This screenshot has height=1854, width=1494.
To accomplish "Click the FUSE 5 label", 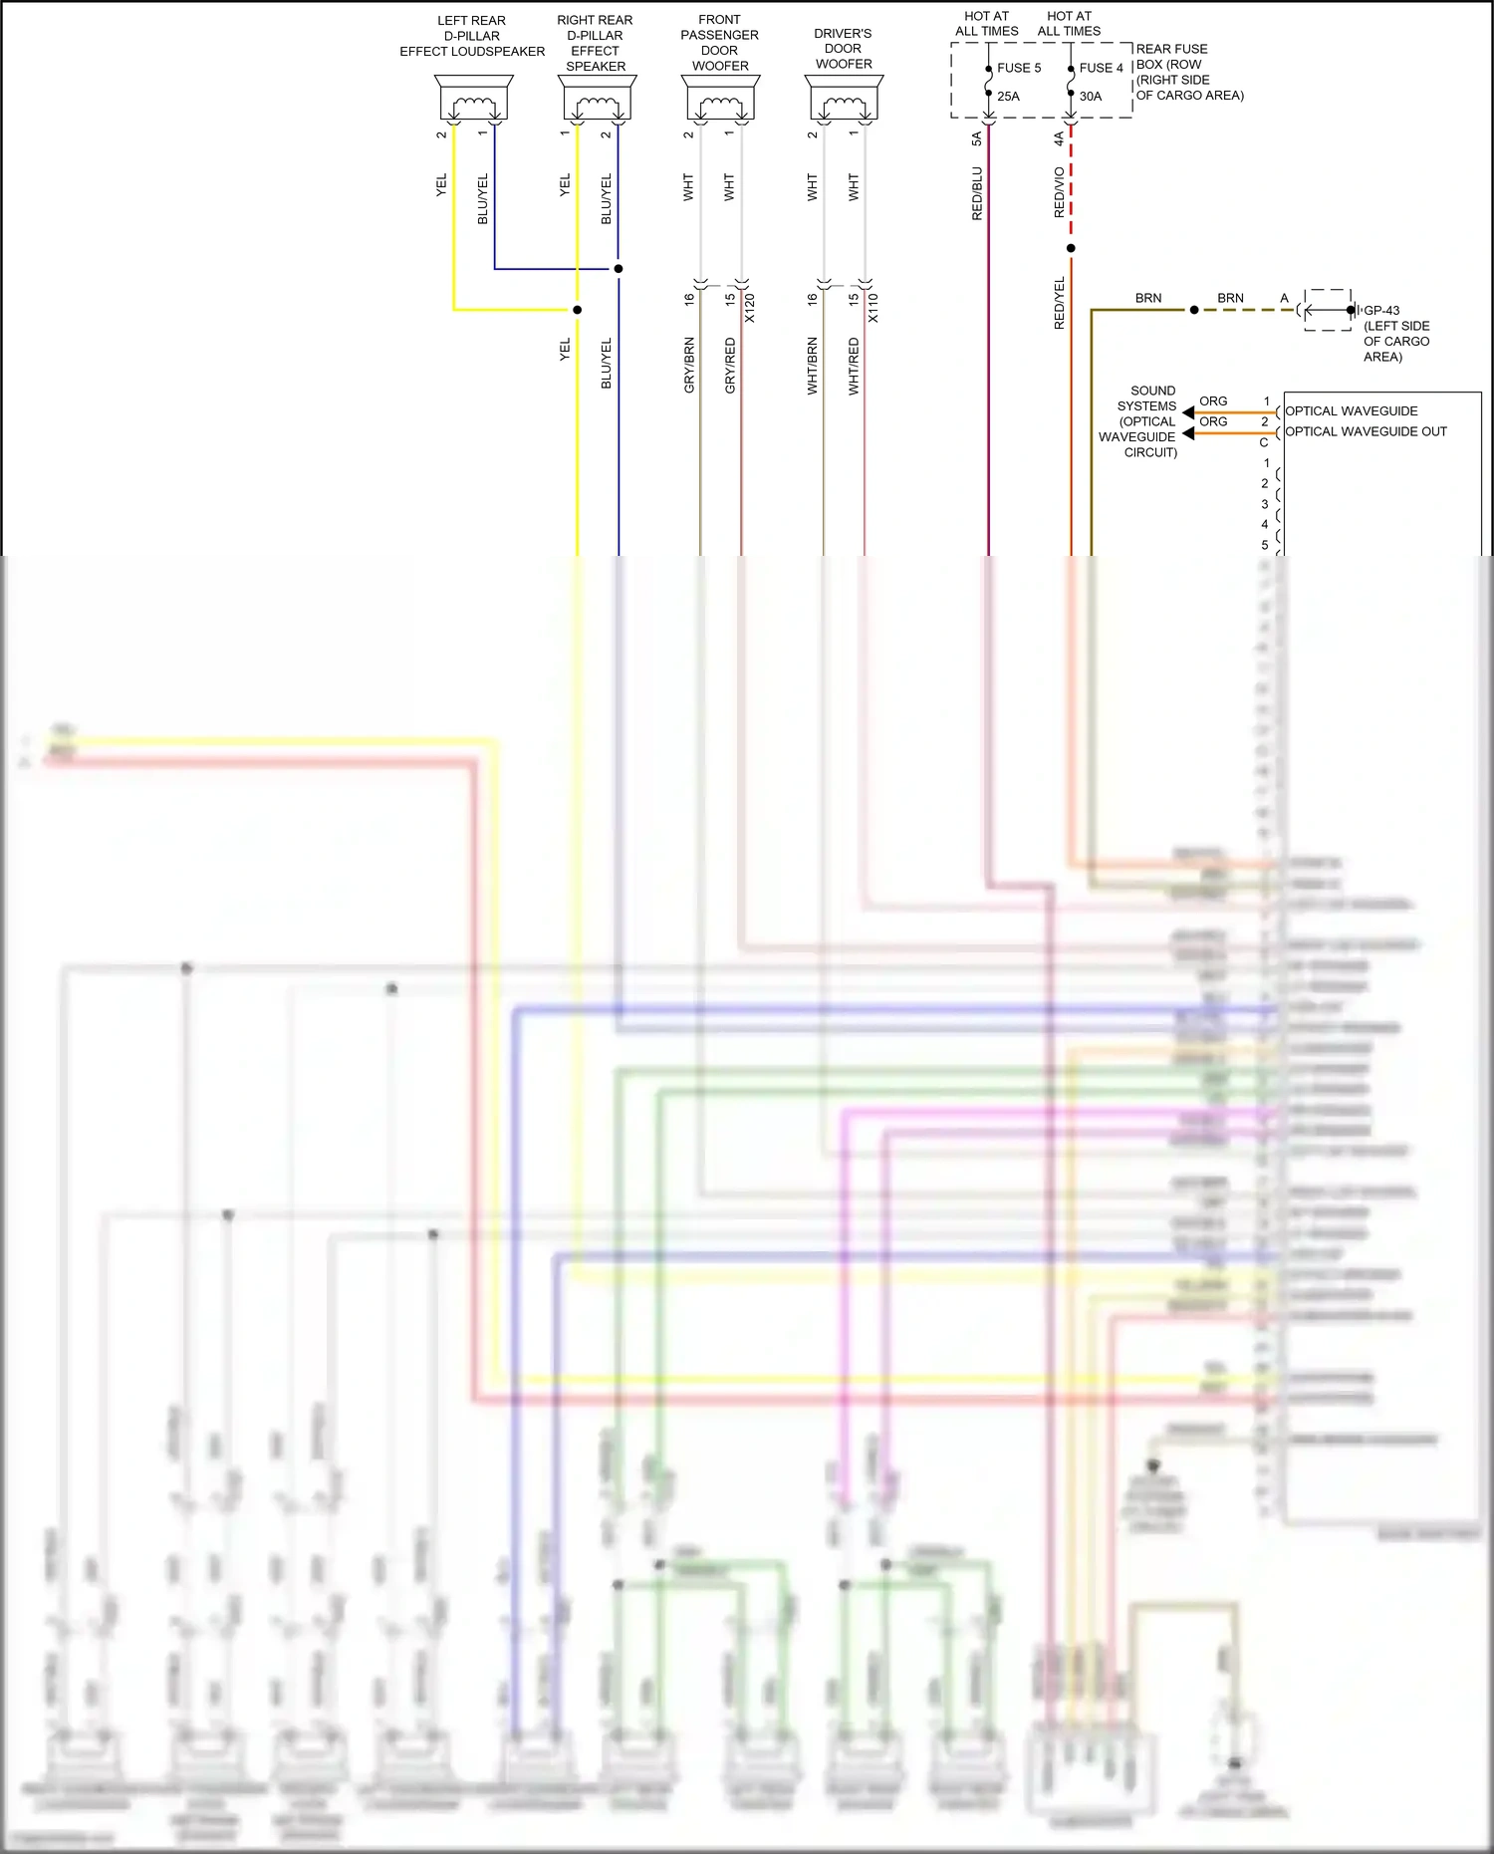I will [1018, 68].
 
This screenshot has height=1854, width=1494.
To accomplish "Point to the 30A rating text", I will [1091, 97].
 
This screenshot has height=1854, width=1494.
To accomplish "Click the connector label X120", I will [750, 308].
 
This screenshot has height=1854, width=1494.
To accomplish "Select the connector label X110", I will [873, 308].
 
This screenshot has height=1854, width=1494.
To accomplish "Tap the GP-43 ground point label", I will [1381, 310].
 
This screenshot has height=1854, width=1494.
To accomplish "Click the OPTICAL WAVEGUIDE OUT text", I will [1366, 431].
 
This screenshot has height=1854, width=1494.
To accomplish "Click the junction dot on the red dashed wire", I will [1071, 248].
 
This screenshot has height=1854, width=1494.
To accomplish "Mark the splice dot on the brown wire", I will [1194, 310].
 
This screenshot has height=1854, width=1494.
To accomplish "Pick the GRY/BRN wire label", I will [689, 365].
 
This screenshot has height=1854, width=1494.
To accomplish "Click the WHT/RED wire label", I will [854, 366].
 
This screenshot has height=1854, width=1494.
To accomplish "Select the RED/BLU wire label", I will [977, 193].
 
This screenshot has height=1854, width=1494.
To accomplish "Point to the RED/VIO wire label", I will [1060, 192].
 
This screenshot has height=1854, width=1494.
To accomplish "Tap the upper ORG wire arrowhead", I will [1187, 412].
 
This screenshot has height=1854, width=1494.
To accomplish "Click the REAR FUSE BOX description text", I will [1189, 72].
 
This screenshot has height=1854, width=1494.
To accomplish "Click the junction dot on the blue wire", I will [619, 269].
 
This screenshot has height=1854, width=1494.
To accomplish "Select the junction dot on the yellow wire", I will [577, 310].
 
